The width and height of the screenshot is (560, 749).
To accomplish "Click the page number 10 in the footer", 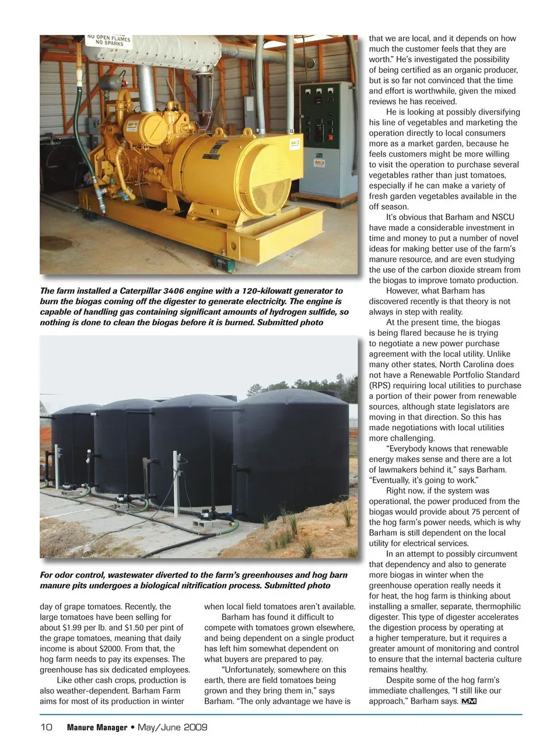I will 46,727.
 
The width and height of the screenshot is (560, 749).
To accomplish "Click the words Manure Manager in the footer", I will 97,727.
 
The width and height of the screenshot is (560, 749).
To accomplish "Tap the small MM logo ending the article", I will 469,701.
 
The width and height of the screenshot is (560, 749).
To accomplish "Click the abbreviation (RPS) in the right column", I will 380,385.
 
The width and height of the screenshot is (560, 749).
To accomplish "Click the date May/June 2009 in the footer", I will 173,727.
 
